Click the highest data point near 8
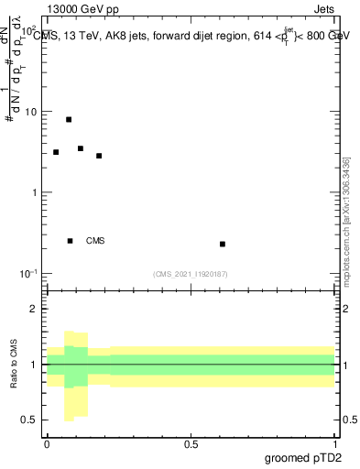[x=69, y=119]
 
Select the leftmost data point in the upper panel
[x=56, y=152]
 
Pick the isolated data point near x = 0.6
[x=223, y=244]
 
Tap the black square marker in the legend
[x=70, y=241]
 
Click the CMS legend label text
[x=95, y=241]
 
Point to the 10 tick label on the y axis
[x=31, y=112]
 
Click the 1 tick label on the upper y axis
[x=36, y=192]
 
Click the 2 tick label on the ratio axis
[x=36, y=309]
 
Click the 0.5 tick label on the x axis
[x=191, y=444]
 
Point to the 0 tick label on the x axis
[x=47, y=444]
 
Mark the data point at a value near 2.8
[x=99, y=156]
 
